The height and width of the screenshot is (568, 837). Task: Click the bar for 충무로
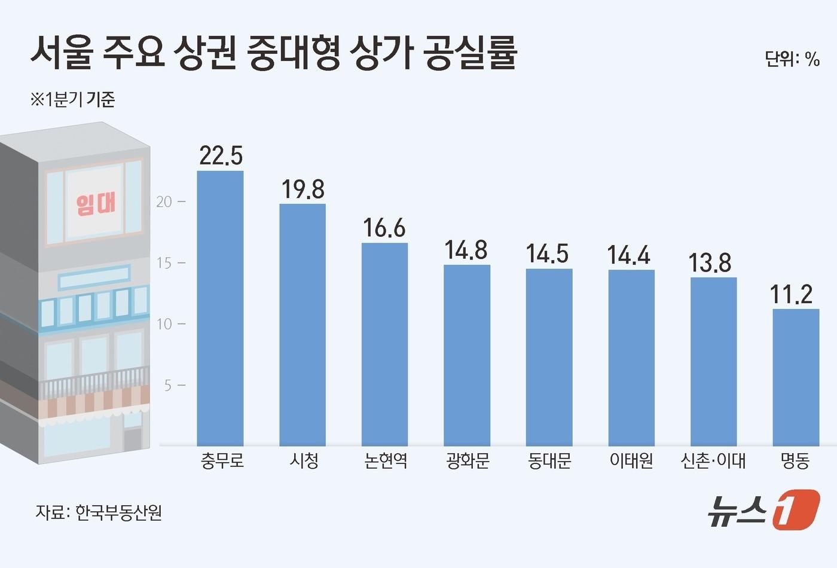[220, 308]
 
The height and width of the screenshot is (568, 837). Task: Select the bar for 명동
[796, 377]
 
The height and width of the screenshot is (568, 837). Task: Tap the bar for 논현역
[384, 344]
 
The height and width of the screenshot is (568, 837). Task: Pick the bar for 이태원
[631, 358]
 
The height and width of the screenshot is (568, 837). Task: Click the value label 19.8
[303, 190]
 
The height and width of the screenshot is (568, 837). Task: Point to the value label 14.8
[466, 251]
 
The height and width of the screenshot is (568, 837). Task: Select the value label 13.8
[710, 263]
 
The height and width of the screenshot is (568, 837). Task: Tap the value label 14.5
[547, 254]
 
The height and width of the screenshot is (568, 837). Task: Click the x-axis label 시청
[304, 461]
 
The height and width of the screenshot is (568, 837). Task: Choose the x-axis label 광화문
[467, 461]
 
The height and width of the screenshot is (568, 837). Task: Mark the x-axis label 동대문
[549, 461]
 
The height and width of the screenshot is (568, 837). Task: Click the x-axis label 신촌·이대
[713, 461]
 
